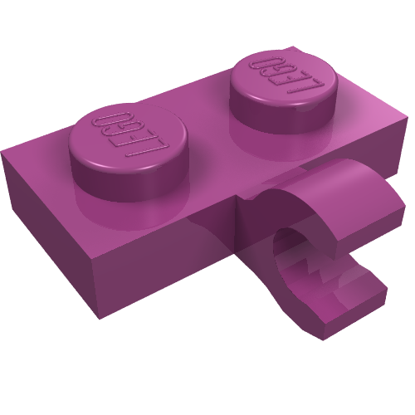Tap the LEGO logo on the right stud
pos(286,75)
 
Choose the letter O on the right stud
pos(264,64)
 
